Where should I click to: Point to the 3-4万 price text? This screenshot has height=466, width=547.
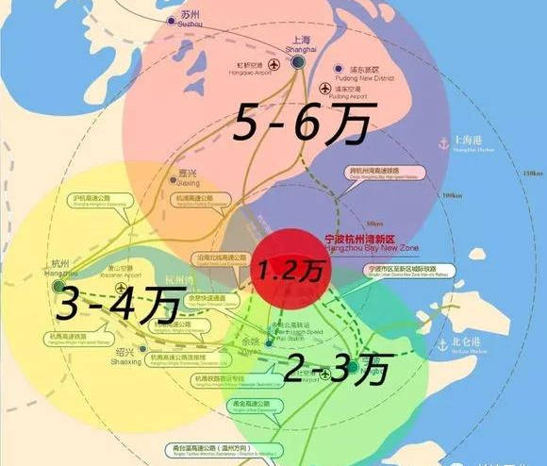pos(104,303)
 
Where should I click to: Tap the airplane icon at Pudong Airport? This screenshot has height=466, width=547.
pos(323,90)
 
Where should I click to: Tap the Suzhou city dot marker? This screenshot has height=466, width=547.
pos(170,19)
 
